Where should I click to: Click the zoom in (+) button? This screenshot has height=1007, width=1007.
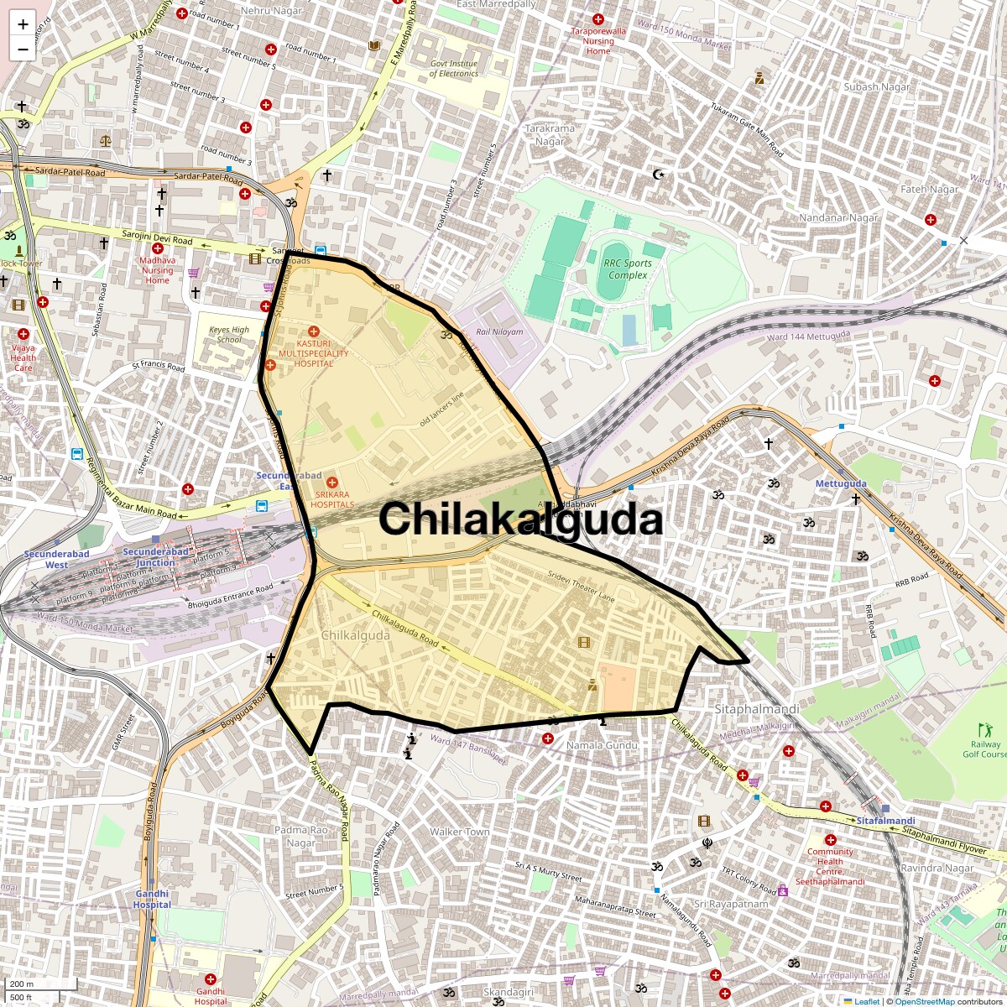click(23, 24)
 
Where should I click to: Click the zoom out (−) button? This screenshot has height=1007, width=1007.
click(23, 49)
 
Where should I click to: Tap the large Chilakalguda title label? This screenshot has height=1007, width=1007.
click(520, 519)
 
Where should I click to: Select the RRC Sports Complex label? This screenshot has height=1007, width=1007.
click(628, 269)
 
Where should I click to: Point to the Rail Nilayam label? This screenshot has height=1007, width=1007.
click(500, 331)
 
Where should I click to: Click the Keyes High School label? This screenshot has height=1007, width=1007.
click(229, 335)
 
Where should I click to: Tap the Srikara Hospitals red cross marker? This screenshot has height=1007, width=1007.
click(332, 483)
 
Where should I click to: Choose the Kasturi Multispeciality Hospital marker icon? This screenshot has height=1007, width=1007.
click(314, 331)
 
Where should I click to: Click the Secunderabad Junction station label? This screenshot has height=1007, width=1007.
click(156, 556)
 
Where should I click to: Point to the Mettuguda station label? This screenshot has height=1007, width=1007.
click(841, 484)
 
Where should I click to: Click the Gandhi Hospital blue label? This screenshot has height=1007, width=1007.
click(152, 899)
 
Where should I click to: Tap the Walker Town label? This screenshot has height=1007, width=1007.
click(459, 832)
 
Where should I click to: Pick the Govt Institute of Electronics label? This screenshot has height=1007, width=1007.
click(454, 69)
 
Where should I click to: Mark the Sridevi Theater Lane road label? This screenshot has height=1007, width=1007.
click(582, 586)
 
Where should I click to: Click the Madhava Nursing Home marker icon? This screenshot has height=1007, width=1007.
click(157, 248)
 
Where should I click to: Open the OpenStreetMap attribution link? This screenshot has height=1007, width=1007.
click(924, 1001)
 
